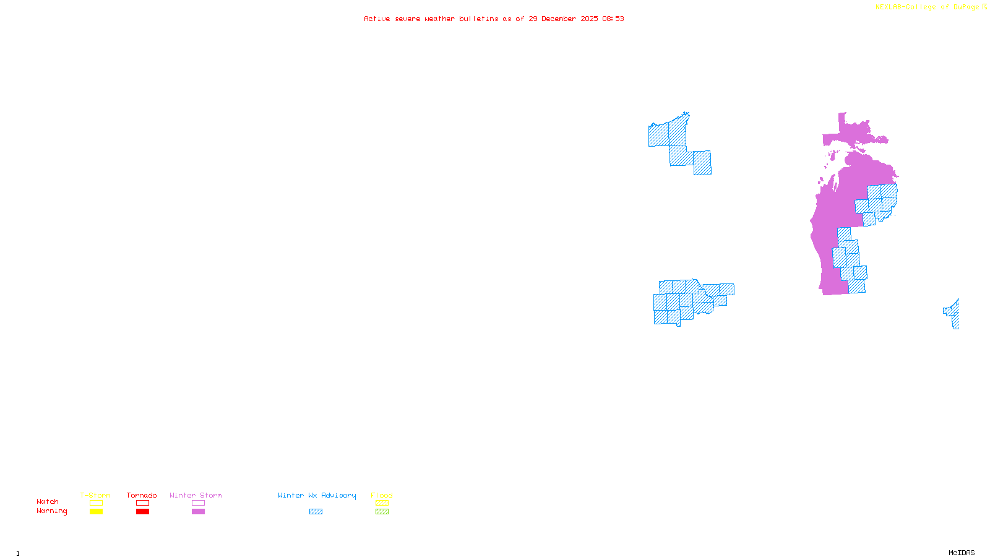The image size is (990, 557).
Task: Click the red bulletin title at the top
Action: coord(494,19)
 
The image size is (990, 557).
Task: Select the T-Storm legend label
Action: coord(95,495)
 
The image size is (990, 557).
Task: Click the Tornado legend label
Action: coord(142,495)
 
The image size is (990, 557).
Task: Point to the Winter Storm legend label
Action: coord(196,495)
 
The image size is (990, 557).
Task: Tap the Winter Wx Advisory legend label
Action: coord(317,495)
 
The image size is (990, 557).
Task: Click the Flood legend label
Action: coord(382,495)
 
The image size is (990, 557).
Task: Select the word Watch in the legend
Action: coord(48,501)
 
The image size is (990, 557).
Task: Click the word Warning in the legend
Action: coord(52,511)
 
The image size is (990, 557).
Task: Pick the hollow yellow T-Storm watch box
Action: coord(96,503)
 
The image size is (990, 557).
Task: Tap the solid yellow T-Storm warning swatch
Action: coord(96,512)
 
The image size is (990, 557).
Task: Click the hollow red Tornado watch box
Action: coord(142,503)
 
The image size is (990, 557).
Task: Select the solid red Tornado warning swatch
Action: coord(142,512)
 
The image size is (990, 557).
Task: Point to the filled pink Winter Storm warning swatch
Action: coord(198,512)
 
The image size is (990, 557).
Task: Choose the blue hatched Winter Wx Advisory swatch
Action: coord(316,512)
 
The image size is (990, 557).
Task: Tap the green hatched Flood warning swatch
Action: coord(382,512)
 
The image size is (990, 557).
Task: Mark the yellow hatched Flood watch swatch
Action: coord(382,503)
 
